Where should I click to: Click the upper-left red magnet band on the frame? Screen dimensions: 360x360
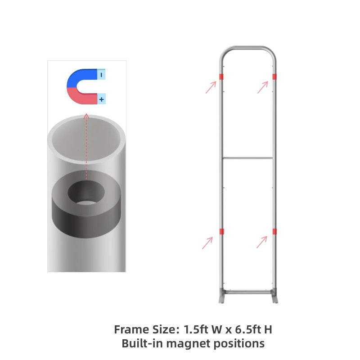221,76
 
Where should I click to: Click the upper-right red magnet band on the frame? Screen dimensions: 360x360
274,76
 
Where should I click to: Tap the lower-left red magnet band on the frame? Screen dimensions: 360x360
221,231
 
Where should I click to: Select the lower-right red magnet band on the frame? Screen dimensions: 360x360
274,231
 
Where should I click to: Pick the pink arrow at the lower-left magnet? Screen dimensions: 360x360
207,243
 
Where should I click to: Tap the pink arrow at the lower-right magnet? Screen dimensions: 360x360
262,242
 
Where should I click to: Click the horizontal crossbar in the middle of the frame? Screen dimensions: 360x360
247,158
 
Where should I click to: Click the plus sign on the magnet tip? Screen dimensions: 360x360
102,99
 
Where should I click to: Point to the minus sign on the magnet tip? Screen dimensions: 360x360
102,74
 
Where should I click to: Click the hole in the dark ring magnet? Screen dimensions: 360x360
86,193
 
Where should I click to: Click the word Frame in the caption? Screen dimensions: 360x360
131,329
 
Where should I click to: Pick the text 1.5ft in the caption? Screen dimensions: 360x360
196,329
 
